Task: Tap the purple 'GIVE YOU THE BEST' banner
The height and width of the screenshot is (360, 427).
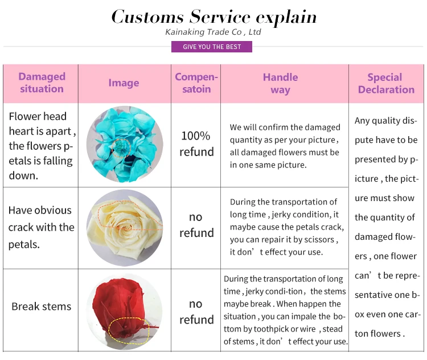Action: [x=212, y=47]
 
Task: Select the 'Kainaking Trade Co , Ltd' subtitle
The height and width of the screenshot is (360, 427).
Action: [x=213, y=32]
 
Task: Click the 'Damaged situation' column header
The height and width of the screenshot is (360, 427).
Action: [x=42, y=83]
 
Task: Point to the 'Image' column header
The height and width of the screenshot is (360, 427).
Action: [x=124, y=83]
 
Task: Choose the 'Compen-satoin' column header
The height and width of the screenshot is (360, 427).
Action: [x=196, y=83]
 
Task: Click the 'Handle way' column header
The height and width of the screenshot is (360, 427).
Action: [x=280, y=83]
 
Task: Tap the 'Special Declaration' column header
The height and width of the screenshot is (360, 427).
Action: [x=386, y=83]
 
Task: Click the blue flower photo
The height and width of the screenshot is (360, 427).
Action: [x=124, y=145]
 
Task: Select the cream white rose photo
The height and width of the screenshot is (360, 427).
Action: [x=124, y=227]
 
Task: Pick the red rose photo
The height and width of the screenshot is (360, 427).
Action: [x=124, y=311]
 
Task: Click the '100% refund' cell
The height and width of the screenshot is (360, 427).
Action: [x=196, y=144]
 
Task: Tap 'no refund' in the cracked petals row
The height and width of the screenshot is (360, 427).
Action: [x=196, y=225]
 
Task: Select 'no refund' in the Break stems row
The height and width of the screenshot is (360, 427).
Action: [x=196, y=312]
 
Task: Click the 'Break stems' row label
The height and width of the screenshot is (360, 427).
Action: [x=42, y=306]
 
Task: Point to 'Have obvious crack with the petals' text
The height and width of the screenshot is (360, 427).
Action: [x=42, y=227]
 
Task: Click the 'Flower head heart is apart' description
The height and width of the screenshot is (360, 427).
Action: [x=42, y=146]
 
